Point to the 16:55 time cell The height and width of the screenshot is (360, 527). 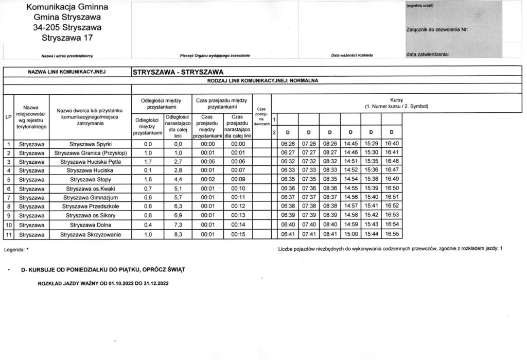392,234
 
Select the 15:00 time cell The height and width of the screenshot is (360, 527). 350,234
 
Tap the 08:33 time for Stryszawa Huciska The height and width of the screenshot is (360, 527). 329,170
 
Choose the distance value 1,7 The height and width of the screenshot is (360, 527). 148,162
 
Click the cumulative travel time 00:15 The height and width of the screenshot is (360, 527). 238,234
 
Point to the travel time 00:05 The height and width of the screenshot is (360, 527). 208,162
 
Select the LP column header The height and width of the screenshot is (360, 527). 8,117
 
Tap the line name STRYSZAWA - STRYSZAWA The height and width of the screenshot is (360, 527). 178,72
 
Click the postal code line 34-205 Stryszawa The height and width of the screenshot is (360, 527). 63,27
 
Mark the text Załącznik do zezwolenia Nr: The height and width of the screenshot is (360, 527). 436,29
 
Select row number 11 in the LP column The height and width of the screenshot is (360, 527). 9,234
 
